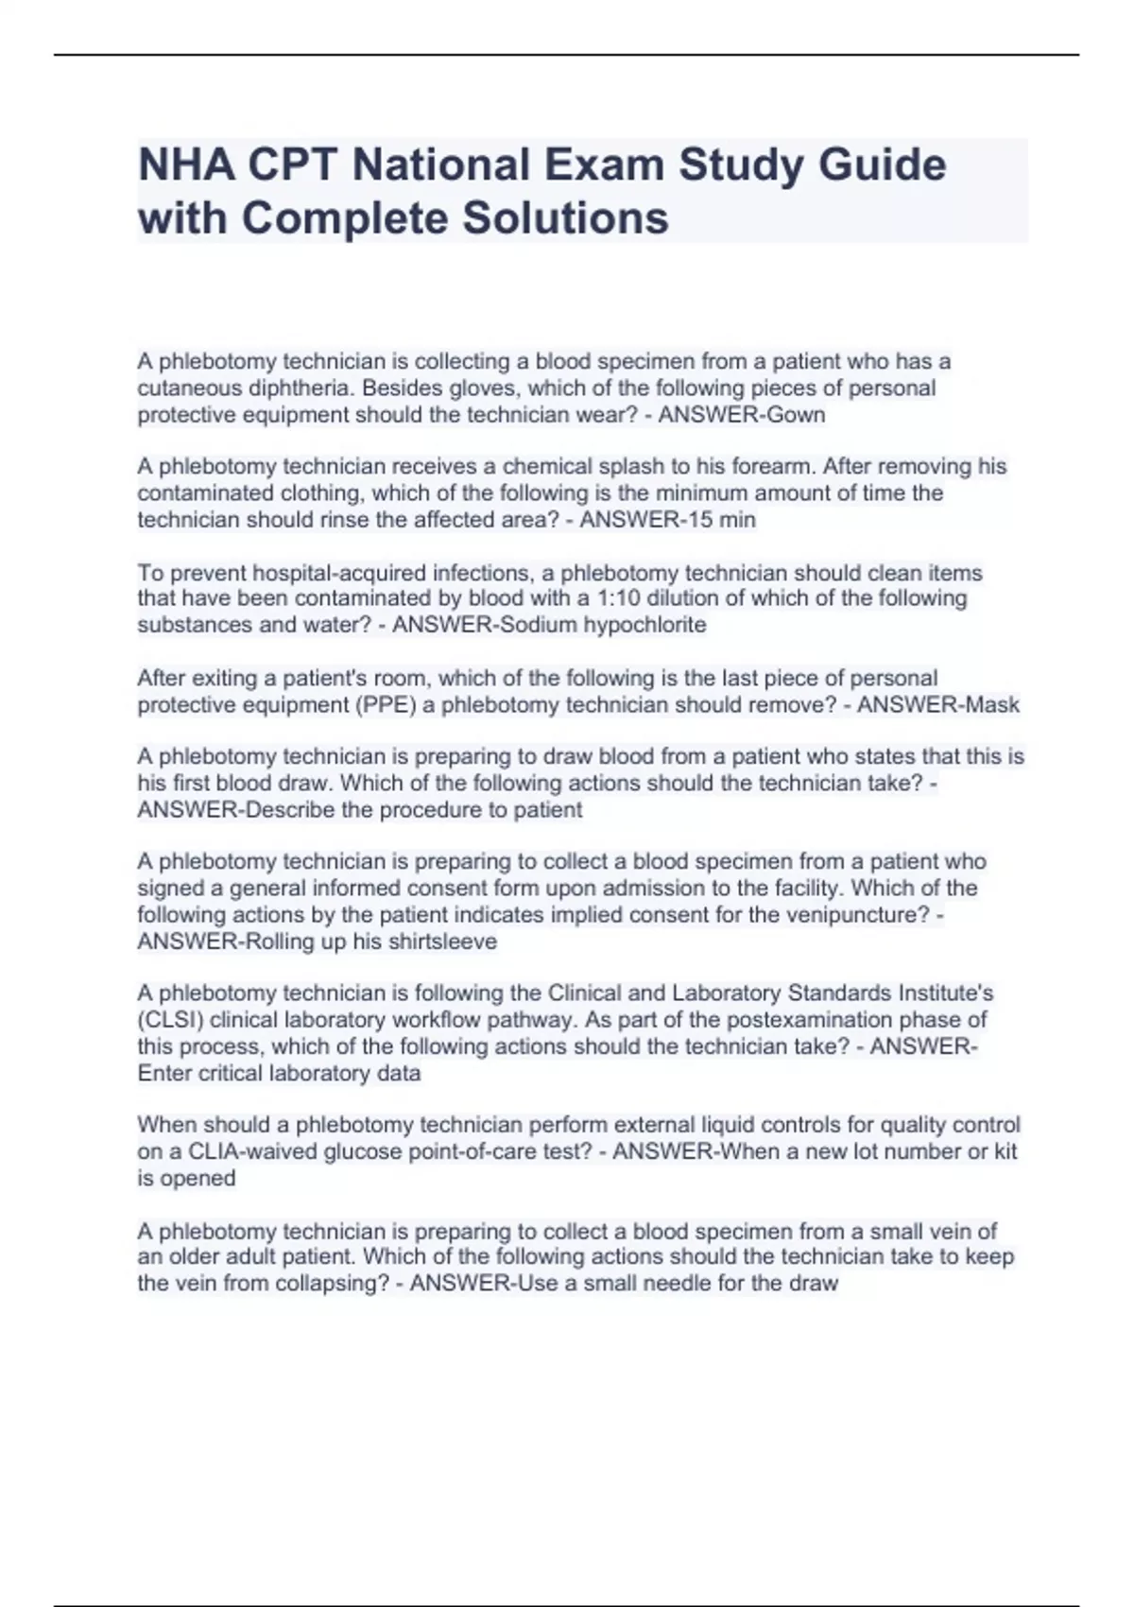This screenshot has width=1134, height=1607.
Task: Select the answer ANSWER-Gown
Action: click(742, 415)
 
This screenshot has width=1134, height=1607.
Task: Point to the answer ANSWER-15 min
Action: click(667, 520)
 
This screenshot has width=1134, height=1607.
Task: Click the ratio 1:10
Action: click(618, 598)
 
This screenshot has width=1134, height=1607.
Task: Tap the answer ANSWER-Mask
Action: click(937, 705)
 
